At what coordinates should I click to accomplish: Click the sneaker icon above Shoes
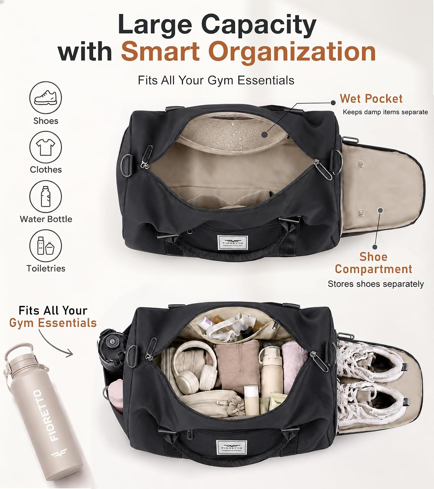pos(46,97)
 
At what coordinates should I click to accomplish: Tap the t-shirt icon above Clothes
pos(46,147)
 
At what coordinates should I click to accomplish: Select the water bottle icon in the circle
pos(46,196)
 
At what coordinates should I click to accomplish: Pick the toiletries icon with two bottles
pos(46,245)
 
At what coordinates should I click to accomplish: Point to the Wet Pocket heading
pos(371,98)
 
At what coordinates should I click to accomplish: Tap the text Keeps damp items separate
pos(385,112)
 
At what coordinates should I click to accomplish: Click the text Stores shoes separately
pos(376,284)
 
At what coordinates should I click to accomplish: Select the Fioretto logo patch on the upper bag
pos(232,243)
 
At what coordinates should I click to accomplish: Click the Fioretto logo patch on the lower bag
pos(231,448)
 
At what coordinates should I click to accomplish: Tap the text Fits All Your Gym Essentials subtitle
pos(216,80)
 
